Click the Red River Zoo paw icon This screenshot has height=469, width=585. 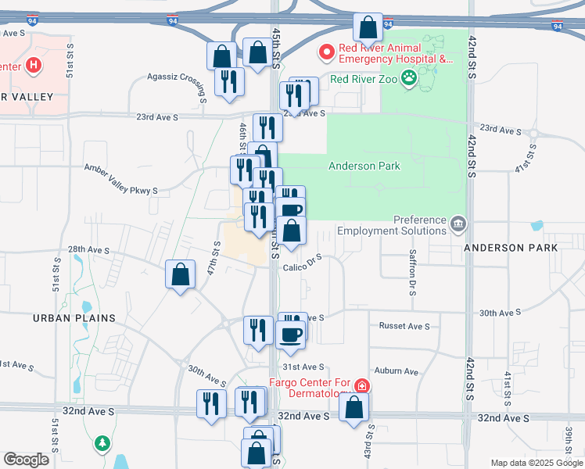(x=408, y=77)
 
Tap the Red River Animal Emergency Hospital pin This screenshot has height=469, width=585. (x=327, y=52)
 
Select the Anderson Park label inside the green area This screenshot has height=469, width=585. (x=364, y=166)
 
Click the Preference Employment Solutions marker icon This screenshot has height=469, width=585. (x=458, y=225)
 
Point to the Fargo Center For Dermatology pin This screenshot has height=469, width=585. (x=361, y=385)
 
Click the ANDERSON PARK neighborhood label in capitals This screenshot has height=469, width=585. (x=510, y=247)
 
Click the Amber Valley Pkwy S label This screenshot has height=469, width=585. (x=120, y=168)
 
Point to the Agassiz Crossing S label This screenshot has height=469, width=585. (x=177, y=77)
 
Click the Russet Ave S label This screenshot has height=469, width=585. (x=404, y=325)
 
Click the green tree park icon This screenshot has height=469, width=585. (x=102, y=444)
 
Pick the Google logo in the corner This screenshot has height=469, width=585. (x=26, y=460)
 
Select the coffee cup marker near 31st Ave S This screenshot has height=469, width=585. (x=290, y=335)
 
